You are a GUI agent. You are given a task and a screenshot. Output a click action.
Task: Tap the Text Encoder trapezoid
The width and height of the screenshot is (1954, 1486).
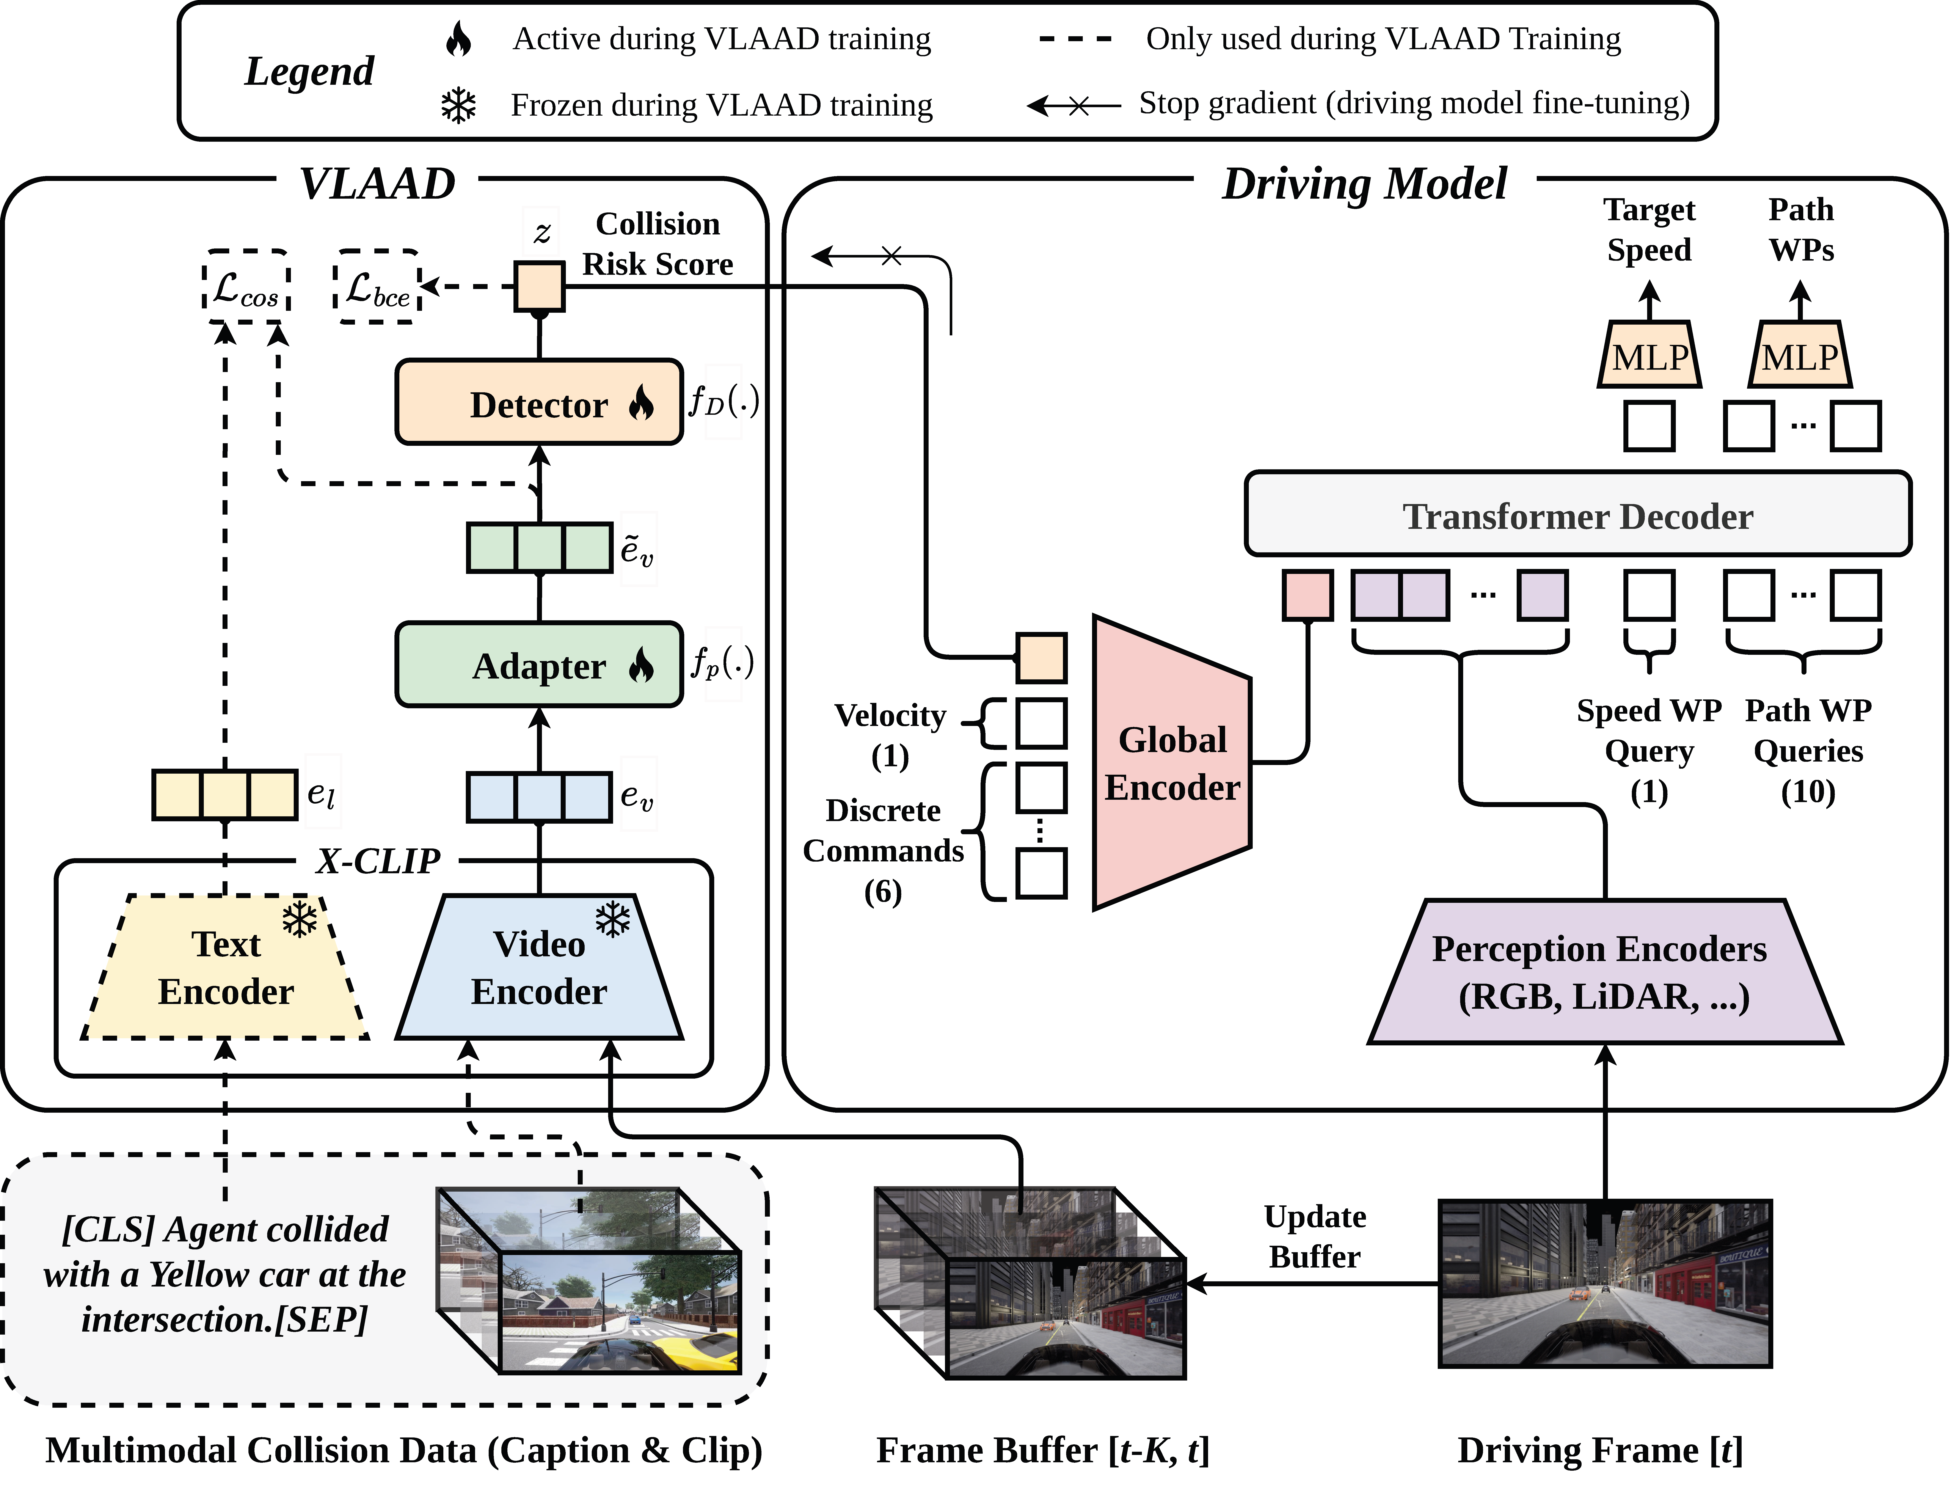[x=226, y=969]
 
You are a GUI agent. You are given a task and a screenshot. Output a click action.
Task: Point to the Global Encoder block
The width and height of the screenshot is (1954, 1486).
[x=1171, y=762]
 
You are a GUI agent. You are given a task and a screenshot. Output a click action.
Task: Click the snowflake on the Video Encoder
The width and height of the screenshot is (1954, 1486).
[x=613, y=920]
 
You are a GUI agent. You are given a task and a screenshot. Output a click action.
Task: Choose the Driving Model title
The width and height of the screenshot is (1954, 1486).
[x=1364, y=184]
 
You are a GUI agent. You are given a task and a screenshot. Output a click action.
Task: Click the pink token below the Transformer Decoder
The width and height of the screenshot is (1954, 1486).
[x=1307, y=594]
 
